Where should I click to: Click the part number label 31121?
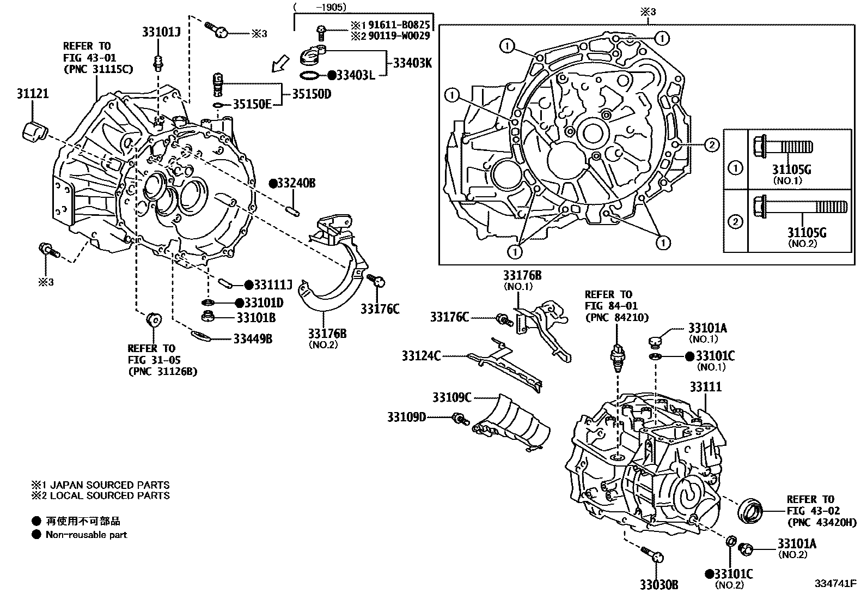coord(32,94)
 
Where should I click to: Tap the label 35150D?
coord(312,94)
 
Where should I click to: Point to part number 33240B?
coord(296,183)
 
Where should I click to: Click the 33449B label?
coord(252,339)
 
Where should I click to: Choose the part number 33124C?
coord(421,356)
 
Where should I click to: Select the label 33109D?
coord(406,418)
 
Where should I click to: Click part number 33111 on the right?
coord(705,387)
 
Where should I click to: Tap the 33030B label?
coord(659,585)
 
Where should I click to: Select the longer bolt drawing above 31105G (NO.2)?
coord(799,208)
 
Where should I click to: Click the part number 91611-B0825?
coord(398,25)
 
